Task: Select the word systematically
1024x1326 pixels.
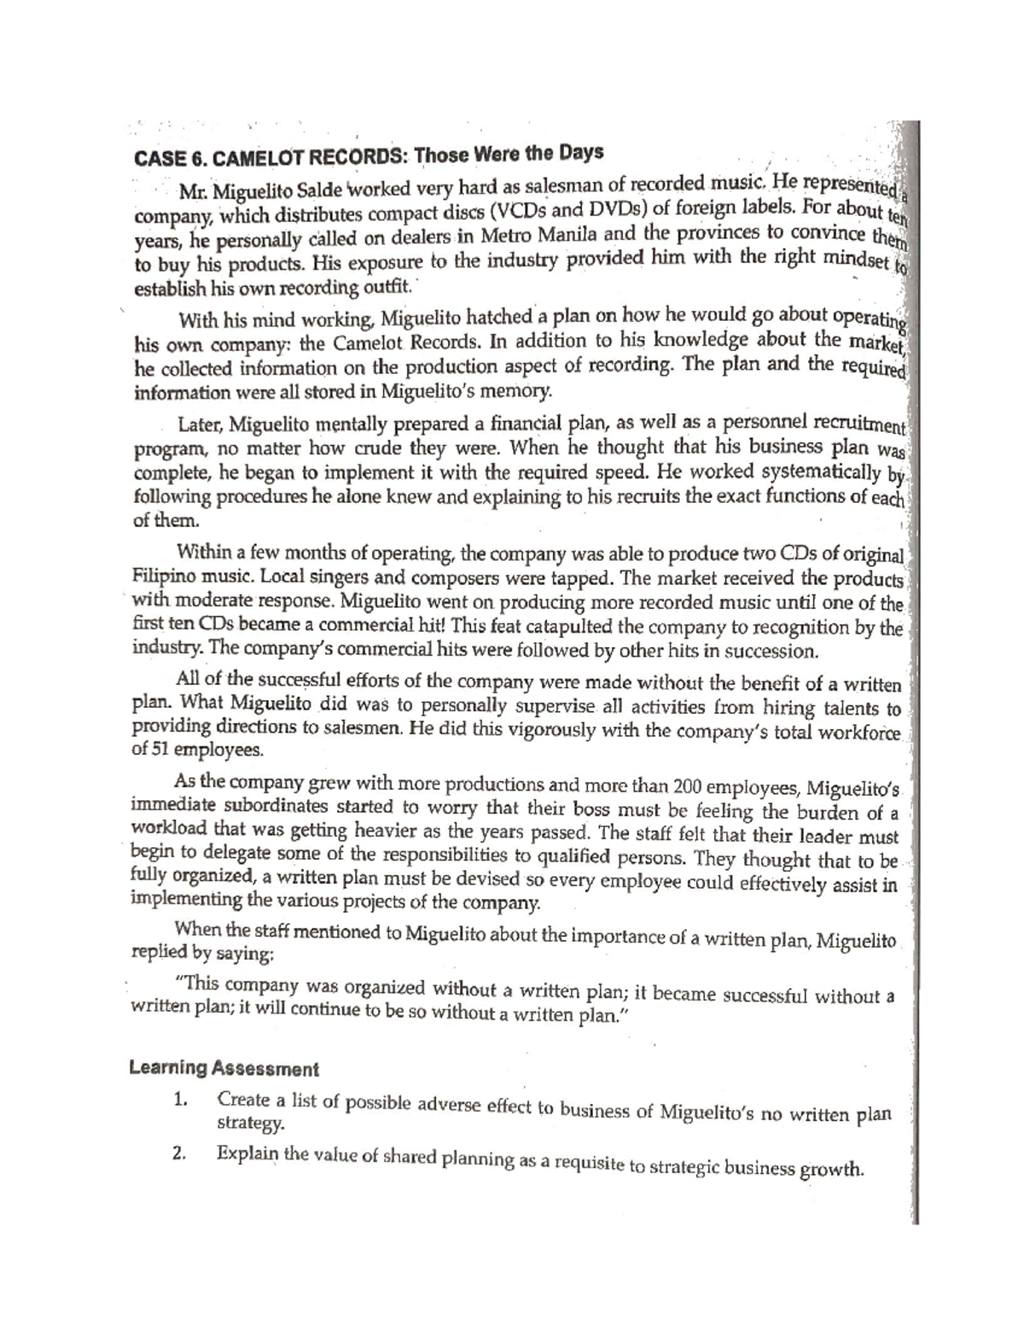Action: [819, 472]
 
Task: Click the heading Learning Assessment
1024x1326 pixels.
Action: [224, 1068]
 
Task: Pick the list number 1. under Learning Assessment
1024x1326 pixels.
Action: [178, 1101]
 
